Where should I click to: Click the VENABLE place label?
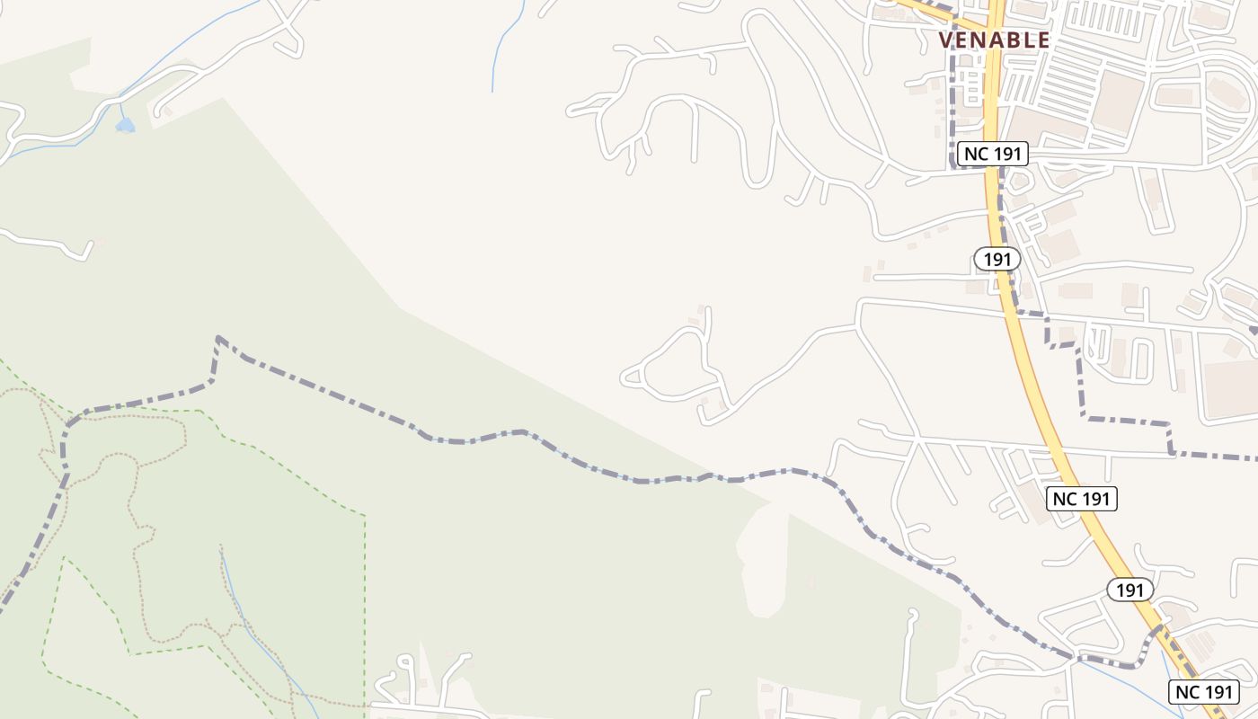[994, 40]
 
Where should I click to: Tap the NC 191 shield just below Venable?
[992, 154]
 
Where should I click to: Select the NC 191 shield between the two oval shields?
[1082, 499]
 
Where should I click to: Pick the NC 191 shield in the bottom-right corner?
[1204, 692]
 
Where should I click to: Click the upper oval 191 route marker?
[997, 260]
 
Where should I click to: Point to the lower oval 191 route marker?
[1130, 590]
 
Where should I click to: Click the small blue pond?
[125, 125]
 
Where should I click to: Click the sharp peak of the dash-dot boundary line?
[218, 338]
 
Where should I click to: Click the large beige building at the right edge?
[1231, 388]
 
